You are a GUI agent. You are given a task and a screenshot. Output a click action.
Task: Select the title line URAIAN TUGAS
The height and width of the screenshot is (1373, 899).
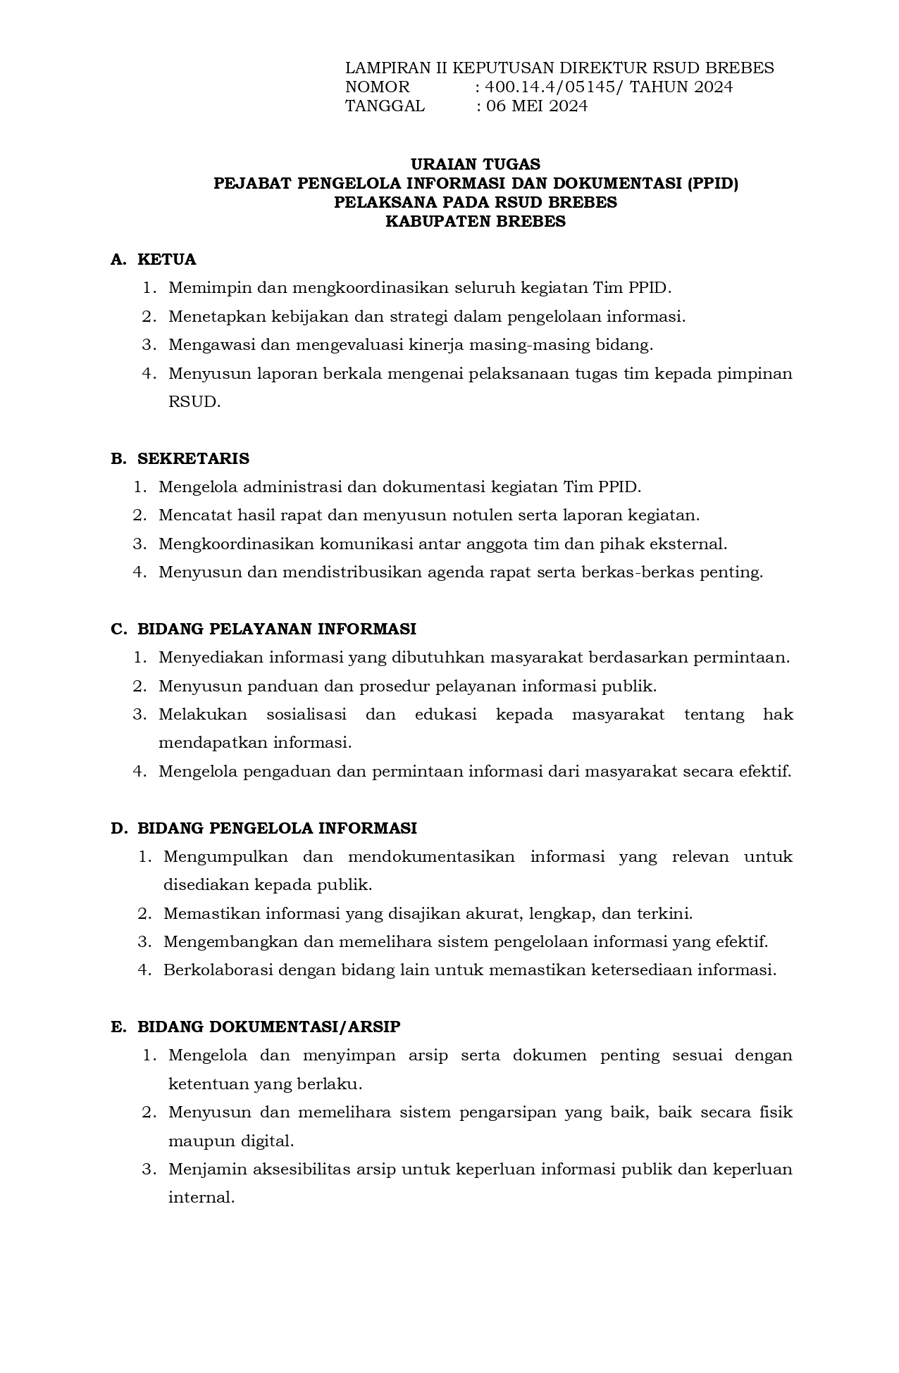click(x=476, y=165)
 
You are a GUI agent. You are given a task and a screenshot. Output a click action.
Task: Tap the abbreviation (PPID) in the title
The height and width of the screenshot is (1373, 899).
click(x=712, y=184)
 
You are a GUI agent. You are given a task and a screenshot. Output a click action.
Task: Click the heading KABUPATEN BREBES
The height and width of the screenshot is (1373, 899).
click(x=476, y=222)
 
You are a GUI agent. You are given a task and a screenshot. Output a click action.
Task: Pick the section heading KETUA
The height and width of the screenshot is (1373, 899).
click(x=167, y=260)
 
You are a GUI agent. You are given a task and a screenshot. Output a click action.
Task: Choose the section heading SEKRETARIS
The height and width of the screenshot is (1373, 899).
click(x=193, y=459)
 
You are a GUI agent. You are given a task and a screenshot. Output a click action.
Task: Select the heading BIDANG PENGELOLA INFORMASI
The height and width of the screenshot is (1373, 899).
click(x=277, y=829)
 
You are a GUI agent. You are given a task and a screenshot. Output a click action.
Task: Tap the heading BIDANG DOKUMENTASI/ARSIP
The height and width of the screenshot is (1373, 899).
click(x=268, y=1027)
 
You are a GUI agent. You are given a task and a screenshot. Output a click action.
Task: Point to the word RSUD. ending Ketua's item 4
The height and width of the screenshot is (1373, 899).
click(x=194, y=403)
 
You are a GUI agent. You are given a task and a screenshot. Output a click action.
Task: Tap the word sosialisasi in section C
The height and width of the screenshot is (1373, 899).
click(x=306, y=715)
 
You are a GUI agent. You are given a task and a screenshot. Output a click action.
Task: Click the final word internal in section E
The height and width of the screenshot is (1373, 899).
click(x=201, y=1198)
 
